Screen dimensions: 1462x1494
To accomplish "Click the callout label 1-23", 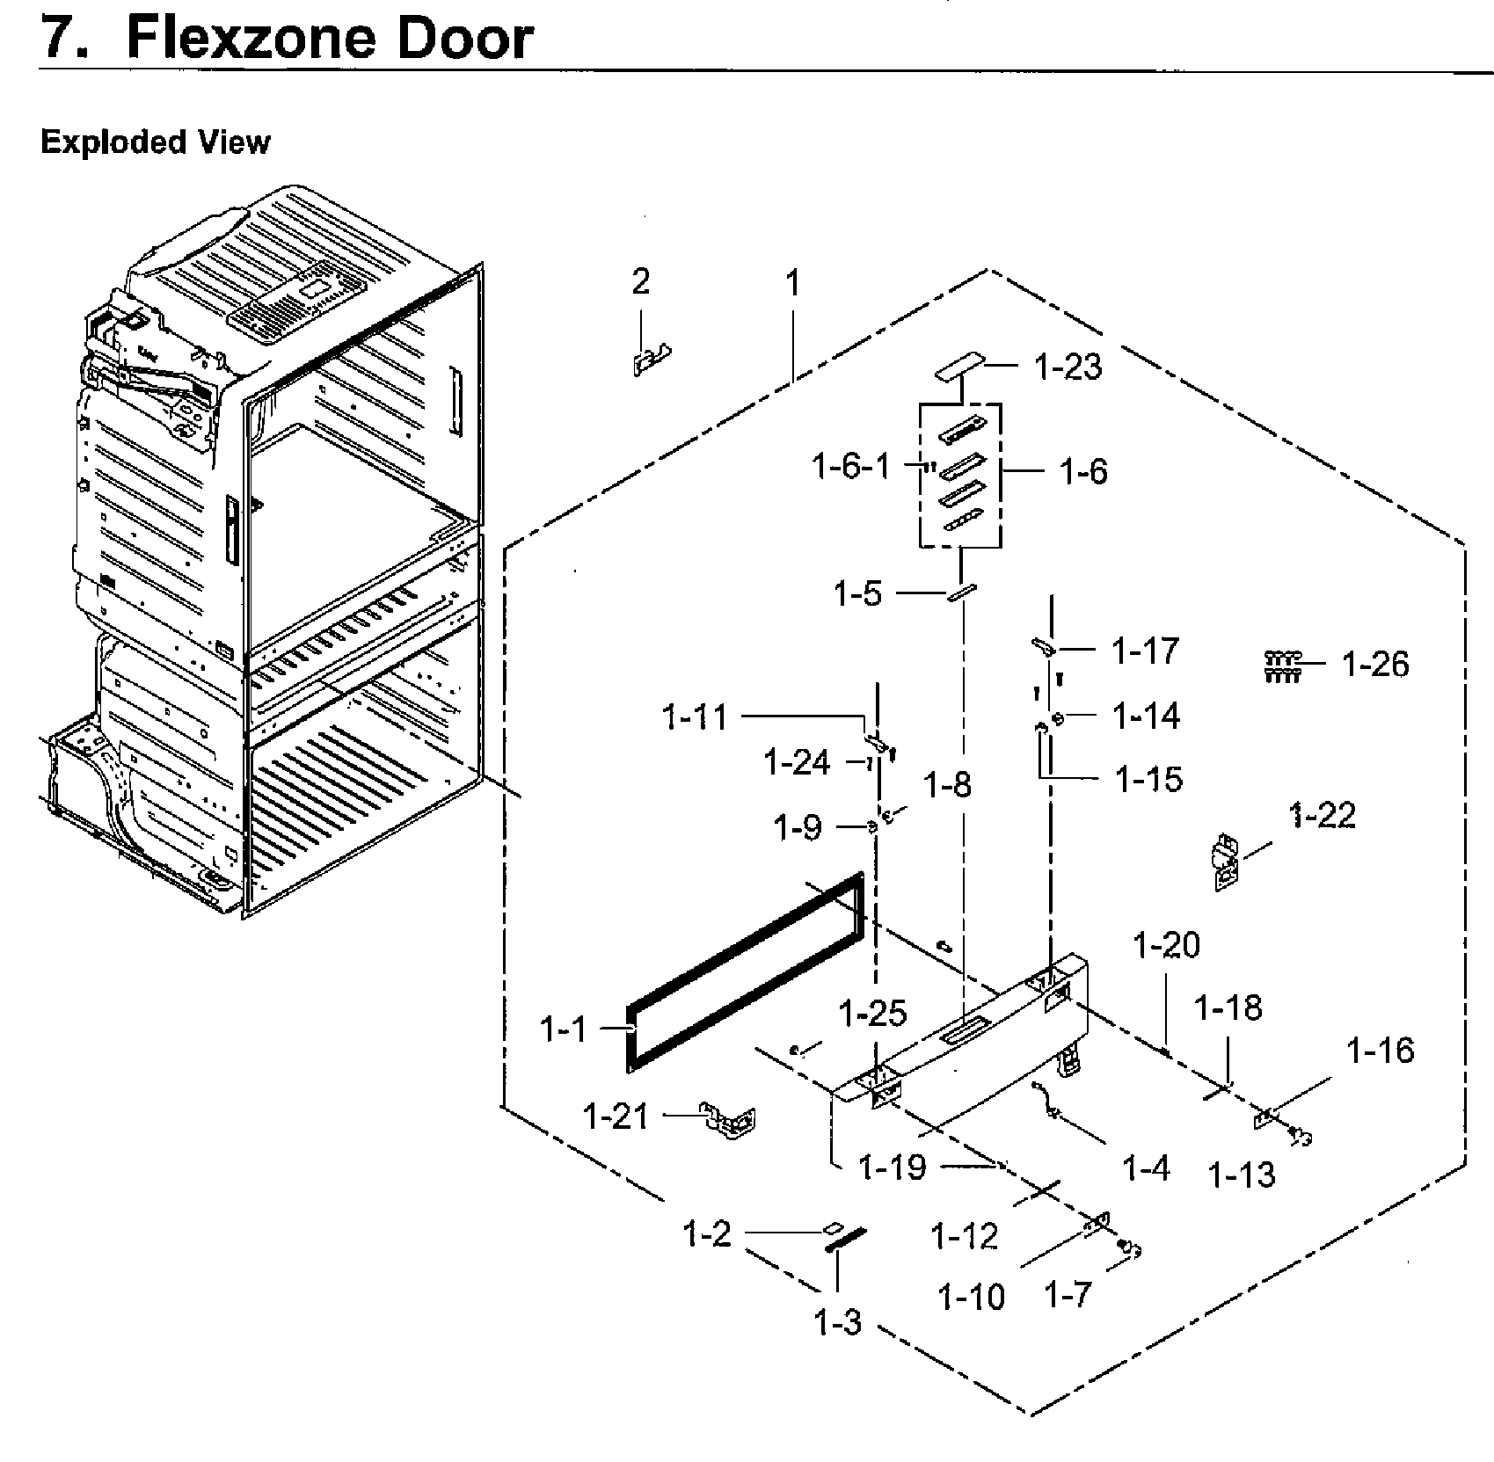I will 1068,367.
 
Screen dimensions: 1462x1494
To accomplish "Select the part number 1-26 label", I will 1374,665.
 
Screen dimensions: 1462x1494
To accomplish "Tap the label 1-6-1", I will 850,467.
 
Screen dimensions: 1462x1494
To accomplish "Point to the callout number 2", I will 641,282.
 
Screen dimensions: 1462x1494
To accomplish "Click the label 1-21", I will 616,1117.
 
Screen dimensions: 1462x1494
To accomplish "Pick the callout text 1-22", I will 1323,816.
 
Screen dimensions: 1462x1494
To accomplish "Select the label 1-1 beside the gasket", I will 563,1029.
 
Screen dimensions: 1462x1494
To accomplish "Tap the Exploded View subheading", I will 156,142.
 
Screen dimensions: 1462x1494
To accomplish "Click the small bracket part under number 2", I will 651,360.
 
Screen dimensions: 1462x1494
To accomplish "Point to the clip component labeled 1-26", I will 1282,666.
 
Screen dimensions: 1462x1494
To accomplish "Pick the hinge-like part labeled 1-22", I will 1225,863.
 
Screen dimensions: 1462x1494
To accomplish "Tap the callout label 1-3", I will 837,1321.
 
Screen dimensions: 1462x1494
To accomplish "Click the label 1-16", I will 1381,1050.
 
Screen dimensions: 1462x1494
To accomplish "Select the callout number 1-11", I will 695,718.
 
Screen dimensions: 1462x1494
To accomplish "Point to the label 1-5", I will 857,594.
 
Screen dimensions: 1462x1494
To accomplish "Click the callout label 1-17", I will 1144,651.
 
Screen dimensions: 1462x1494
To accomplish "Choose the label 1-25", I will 872,1014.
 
